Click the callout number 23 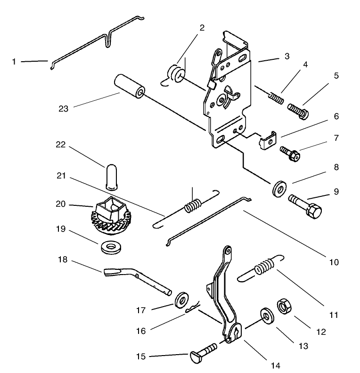point(64,108)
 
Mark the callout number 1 point(14,61)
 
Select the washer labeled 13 point(267,316)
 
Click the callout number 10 point(334,262)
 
